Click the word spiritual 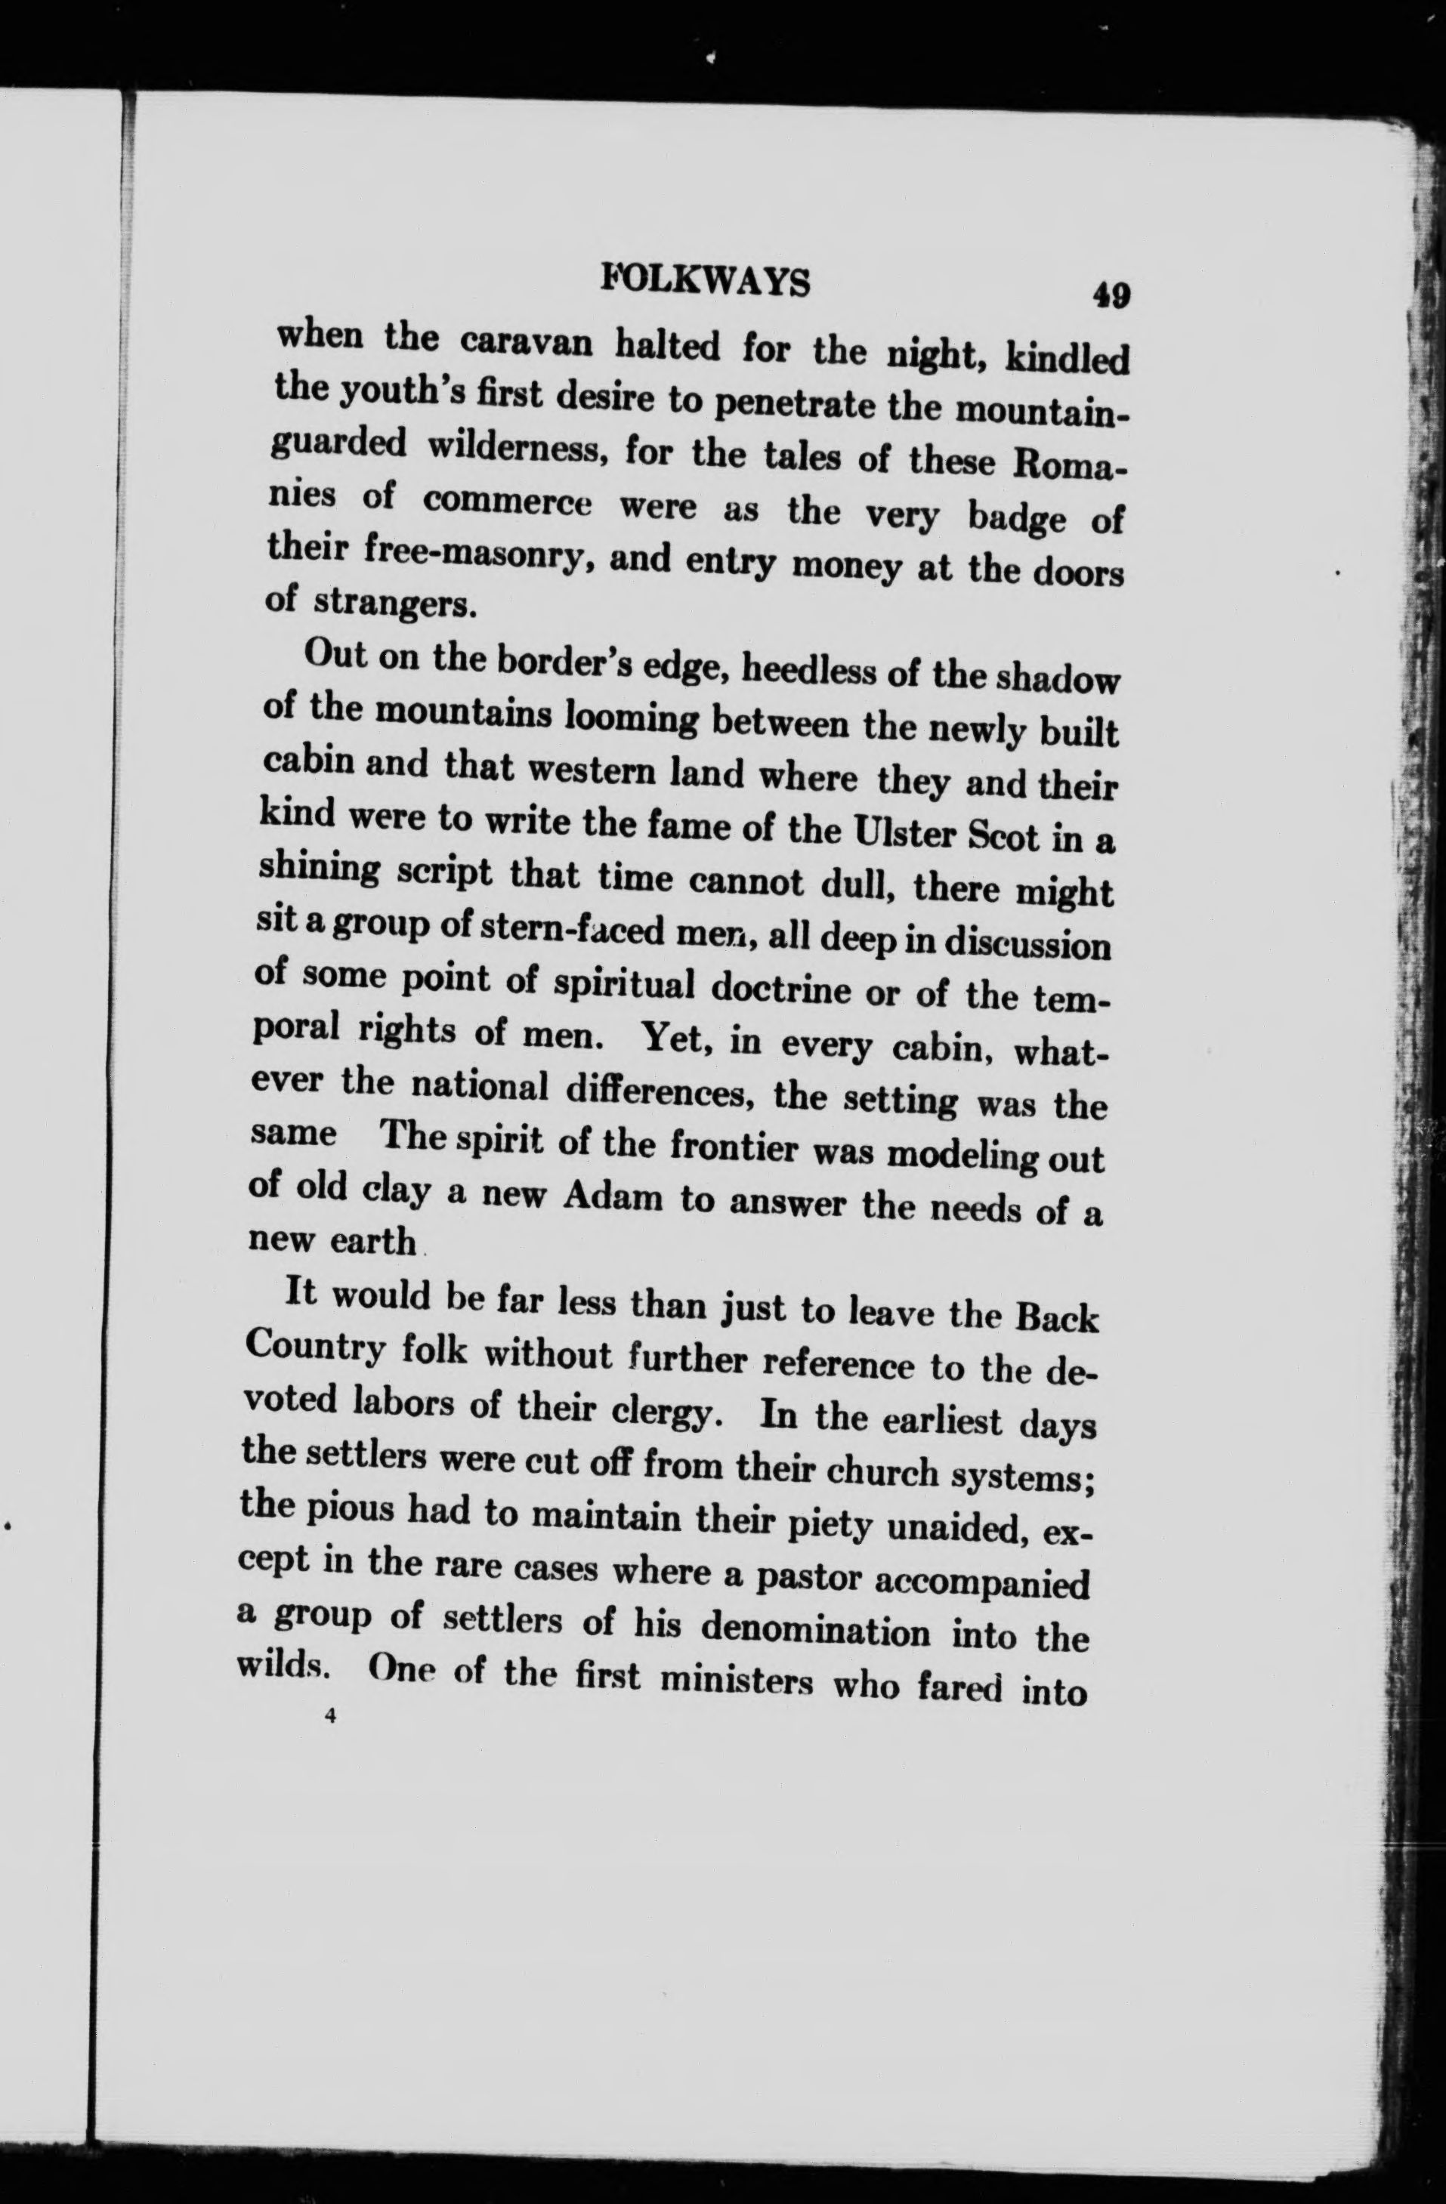(x=623, y=986)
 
